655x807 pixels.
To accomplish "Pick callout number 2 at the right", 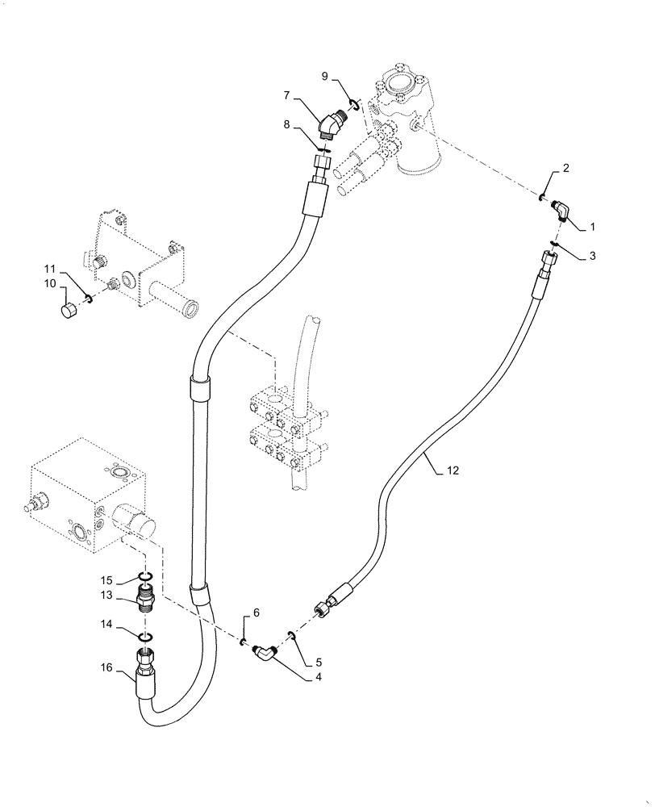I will pyautogui.click(x=566, y=168).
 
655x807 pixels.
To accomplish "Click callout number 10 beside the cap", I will pyautogui.click(x=49, y=283).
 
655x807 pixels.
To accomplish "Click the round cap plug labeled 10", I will pyautogui.click(x=70, y=309).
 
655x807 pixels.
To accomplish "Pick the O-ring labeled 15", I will pyautogui.click(x=146, y=575).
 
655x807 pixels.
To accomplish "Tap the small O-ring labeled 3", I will pyautogui.click(x=554, y=244).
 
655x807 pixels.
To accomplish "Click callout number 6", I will pyautogui.click(x=256, y=613).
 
